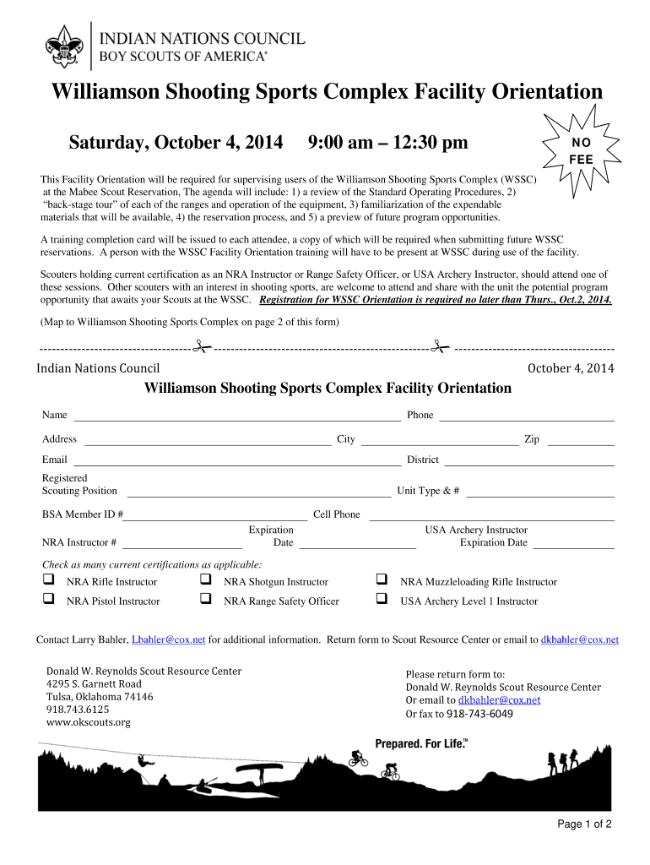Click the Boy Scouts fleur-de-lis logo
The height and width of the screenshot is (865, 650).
click(62, 45)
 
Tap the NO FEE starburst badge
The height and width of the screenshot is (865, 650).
click(581, 150)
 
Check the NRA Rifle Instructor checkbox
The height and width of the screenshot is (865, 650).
click(49, 580)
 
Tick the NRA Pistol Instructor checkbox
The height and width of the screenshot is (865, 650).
click(49, 600)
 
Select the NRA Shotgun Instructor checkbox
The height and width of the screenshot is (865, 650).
click(205, 580)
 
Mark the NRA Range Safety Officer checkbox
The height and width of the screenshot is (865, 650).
click(205, 600)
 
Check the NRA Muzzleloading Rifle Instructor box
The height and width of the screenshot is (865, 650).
click(382, 580)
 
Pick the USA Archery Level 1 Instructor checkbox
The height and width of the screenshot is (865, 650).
click(382, 600)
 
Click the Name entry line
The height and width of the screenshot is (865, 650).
click(236, 416)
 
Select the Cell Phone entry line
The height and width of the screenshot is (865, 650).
click(491, 515)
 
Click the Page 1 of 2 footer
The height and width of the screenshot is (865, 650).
click(583, 825)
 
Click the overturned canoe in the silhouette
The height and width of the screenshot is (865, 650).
click(257, 770)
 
